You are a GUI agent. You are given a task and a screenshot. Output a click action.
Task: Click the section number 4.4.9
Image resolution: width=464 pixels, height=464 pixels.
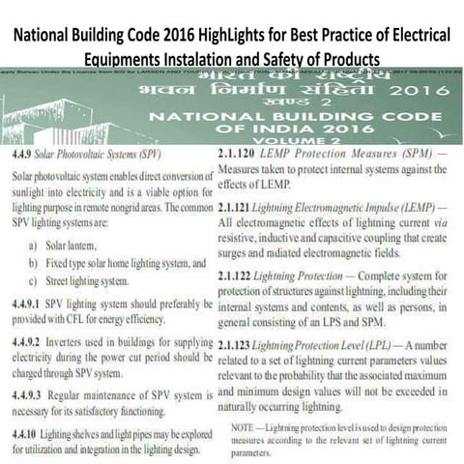21,156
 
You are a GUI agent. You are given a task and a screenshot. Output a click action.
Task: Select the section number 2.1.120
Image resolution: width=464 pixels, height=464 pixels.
240,154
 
